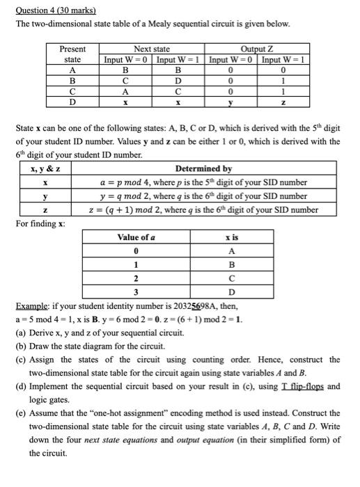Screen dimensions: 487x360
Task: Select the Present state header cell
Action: [73, 54]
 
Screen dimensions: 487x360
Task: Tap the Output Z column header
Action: [258, 49]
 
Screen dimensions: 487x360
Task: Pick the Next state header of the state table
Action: [152, 49]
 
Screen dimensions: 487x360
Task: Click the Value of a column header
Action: [136, 239]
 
